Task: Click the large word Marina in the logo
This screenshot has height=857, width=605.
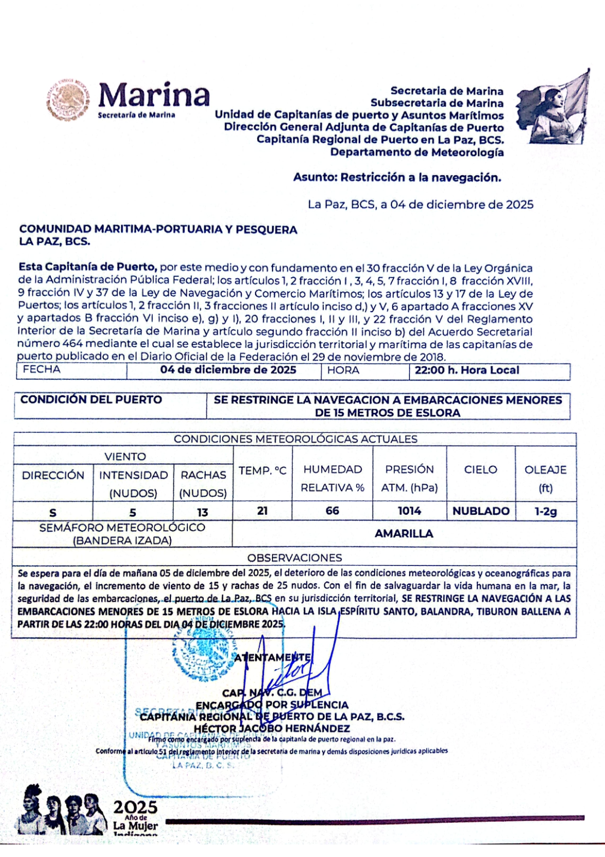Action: pyautogui.click(x=154, y=96)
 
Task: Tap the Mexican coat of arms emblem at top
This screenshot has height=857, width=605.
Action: pyautogui.click(x=68, y=100)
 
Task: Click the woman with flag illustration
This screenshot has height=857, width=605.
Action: pyautogui.click(x=553, y=108)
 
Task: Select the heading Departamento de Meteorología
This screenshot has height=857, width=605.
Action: pyautogui.click(x=417, y=152)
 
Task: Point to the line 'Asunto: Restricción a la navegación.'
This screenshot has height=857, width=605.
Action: pyautogui.click(x=397, y=177)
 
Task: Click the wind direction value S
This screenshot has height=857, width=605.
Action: pyautogui.click(x=53, y=513)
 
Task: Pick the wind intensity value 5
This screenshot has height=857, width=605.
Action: pyautogui.click(x=133, y=513)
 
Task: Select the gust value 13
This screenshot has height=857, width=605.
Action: pyautogui.click(x=203, y=513)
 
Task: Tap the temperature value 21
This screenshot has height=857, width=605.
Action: pyautogui.click(x=262, y=511)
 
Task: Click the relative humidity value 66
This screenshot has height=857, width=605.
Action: pyautogui.click(x=332, y=511)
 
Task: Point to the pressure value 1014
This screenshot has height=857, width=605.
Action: pyautogui.click(x=409, y=511)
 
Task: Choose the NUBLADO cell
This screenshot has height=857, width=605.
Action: pyautogui.click(x=481, y=511)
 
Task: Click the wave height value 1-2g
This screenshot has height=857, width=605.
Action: pyautogui.click(x=545, y=511)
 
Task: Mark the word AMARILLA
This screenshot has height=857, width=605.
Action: pyautogui.click(x=404, y=534)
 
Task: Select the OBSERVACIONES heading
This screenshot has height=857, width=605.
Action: pyautogui.click(x=294, y=558)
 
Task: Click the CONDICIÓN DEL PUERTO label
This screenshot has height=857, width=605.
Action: pyautogui.click(x=91, y=400)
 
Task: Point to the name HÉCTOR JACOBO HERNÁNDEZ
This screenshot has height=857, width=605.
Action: pyautogui.click(x=271, y=728)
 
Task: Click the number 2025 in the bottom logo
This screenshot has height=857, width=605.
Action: pyautogui.click(x=135, y=807)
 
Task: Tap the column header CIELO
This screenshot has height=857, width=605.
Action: pyautogui.click(x=481, y=469)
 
